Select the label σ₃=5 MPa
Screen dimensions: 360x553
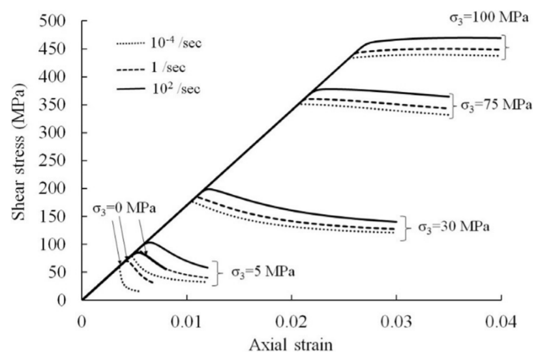263,271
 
